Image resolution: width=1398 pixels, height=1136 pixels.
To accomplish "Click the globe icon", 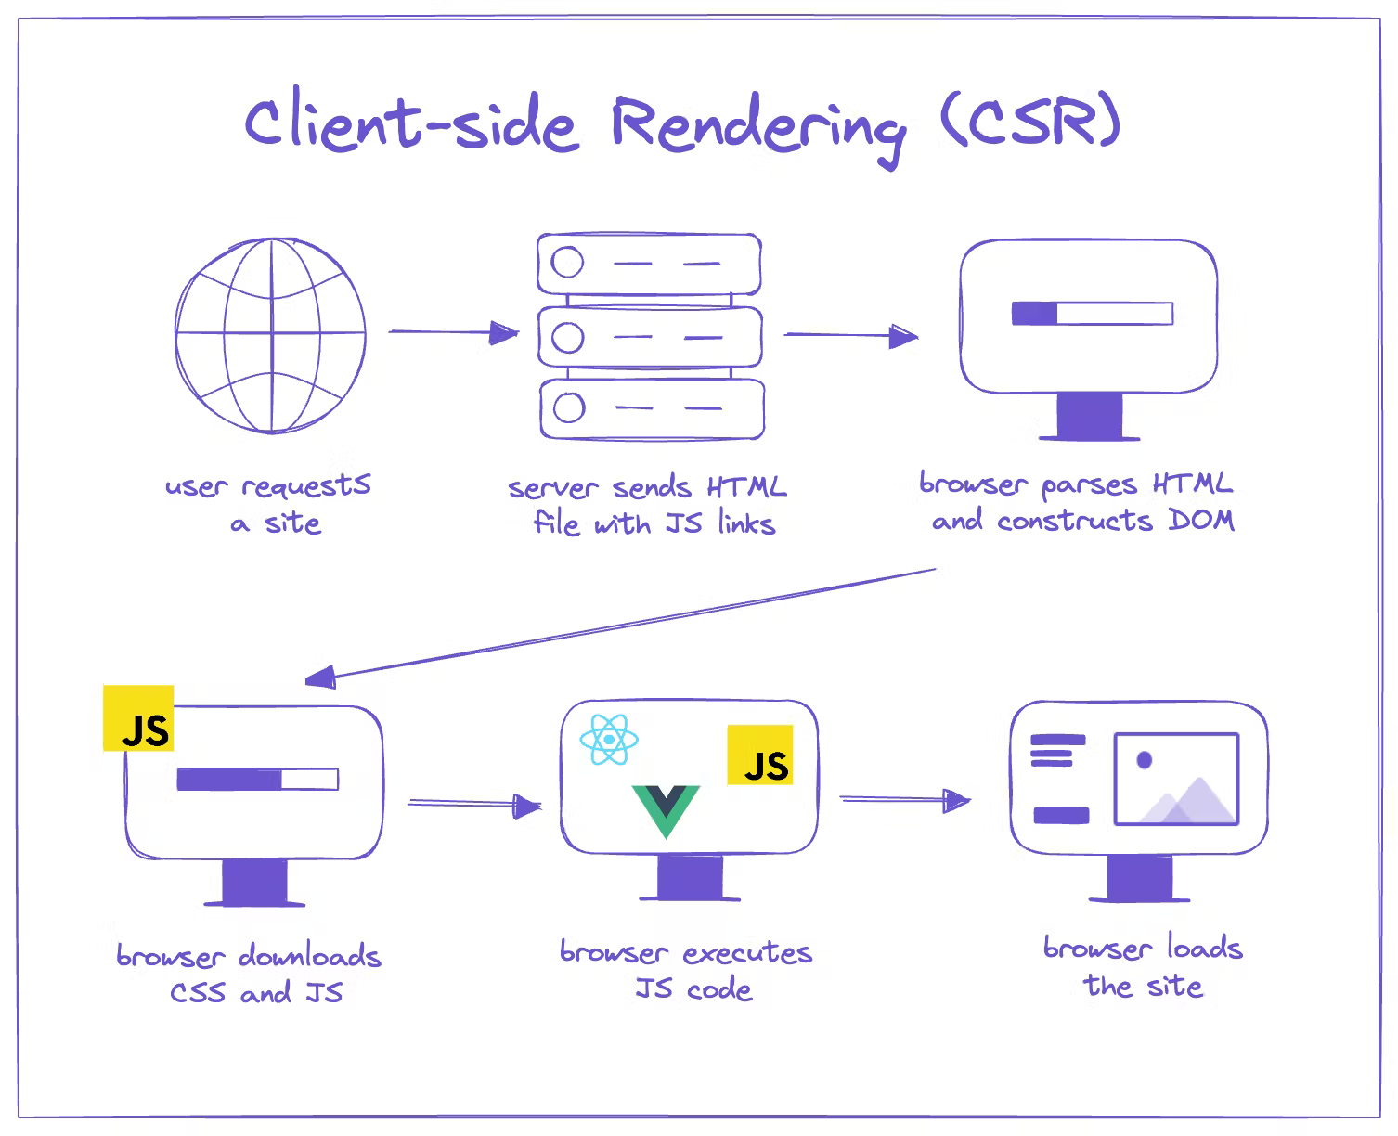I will pos(270,335).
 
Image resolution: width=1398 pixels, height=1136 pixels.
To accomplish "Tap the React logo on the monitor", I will pos(608,740).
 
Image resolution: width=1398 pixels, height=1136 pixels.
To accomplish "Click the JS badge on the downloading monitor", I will pos(138,718).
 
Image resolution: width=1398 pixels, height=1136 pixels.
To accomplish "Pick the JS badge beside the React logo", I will pos(759,755).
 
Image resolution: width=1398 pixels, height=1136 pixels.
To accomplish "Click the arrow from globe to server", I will pos(453,332).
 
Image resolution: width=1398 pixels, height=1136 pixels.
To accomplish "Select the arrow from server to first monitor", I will pos(851,335).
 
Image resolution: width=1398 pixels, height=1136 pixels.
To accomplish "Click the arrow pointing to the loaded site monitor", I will pos(905,799).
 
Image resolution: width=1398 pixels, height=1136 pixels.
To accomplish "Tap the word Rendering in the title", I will pos(757,127).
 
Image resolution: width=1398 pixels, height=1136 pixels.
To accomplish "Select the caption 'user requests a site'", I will pos(267,504).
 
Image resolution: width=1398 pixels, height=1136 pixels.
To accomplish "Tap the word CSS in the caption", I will pos(198,992).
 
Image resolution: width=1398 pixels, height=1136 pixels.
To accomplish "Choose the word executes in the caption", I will pos(747,953).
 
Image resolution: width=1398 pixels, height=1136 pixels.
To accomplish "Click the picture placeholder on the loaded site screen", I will pos(1176,780).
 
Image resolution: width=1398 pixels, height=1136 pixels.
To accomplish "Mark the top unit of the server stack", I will pos(650,264).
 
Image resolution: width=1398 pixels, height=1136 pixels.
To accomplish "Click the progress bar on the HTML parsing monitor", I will pos(1092,314).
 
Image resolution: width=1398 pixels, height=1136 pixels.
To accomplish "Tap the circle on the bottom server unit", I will pos(568,407).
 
